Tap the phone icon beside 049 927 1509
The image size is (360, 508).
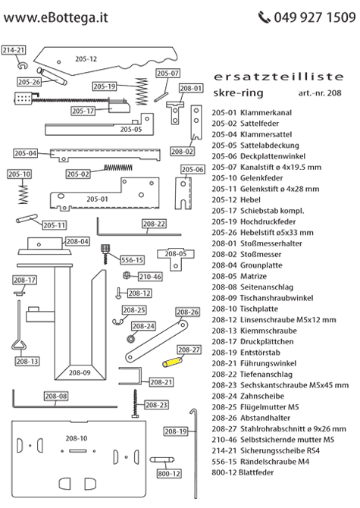pos(264,17)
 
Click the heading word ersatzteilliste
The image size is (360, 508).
pos(270,77)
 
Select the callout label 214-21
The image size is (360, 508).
pos(14,50)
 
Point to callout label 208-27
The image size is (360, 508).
pos(189,350)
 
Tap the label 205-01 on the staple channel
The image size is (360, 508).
pos(96,199)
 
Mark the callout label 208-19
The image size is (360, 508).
pos(176,431)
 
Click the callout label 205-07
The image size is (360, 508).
pos(167,74)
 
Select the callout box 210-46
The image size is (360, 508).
pos(149,277)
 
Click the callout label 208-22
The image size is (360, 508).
pos(154,224)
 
